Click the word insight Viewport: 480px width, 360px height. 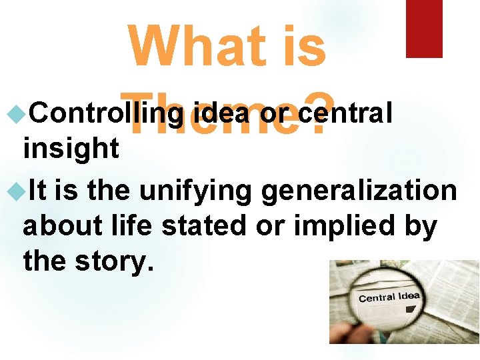(71, 148)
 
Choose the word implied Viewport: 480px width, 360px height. (341, 227)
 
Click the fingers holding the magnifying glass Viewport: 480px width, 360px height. (347, 333)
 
